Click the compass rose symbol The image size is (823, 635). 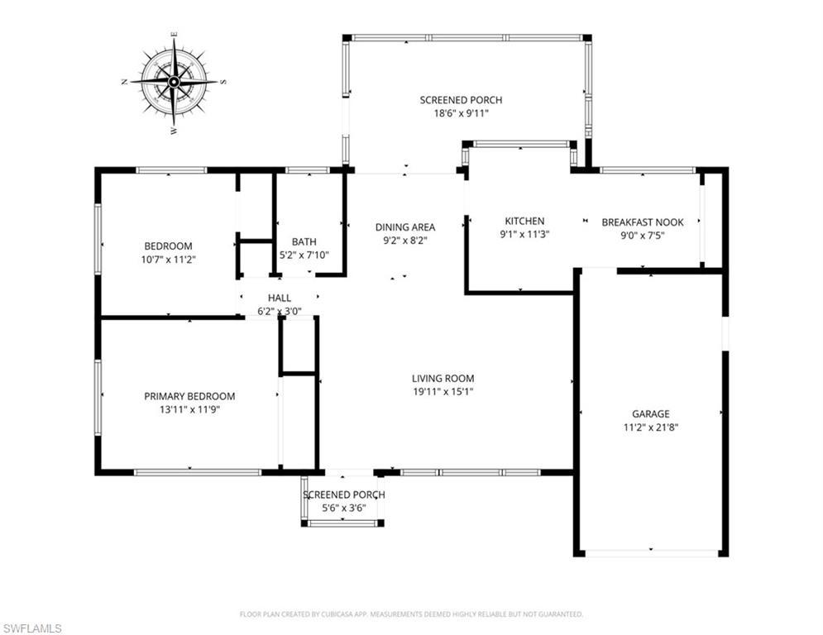(x=174, y=82)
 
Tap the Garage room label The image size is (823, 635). (x=651, y=414)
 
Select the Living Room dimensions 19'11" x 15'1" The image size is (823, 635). (x=443, y=392)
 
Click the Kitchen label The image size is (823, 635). (x=524, y=221)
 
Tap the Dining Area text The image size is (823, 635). (x=404, y=227)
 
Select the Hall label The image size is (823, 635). (x=279, y=298)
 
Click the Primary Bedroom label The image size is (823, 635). (x=189, y=396)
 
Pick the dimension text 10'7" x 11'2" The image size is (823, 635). (x=168, y=259)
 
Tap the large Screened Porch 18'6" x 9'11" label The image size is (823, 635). (x=461, y=107)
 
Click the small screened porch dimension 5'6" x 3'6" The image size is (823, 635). (x=343, y=508)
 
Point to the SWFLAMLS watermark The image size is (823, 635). (x=32, y=628)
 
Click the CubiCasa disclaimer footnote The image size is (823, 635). (x=411, y=614)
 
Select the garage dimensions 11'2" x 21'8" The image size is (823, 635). (x=651, y=427)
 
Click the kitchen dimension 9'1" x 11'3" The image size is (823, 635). (x=524, y=234)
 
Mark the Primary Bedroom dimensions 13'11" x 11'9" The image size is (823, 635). (x=189, y=409)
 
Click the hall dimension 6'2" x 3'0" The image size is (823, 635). (x=279, y=312)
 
